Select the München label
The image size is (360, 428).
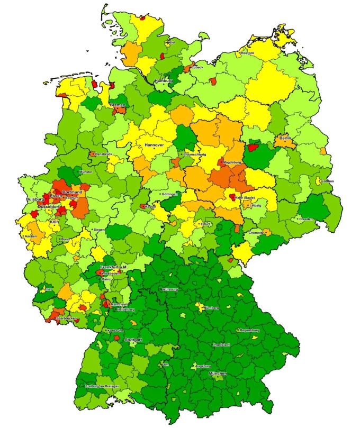pyautogui.click(x=218, y=374)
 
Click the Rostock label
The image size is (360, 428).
pyautogui.click(x=248, y=53)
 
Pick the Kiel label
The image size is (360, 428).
pyautogui.click(x=172, y=42)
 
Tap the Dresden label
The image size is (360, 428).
pyautogui.click(x=305, y=219)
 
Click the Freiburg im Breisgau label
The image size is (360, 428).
pyautogui.click(x=103, y=386)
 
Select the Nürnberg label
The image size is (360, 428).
pyautogui.click(x=211, y=308)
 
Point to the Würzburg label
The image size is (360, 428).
pyautogui.click(x=170, y=290)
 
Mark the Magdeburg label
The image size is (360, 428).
pyautogui.click(x=232, y=162)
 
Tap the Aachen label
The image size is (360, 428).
pyautogui.click(x=31, y=236)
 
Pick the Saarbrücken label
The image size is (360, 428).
pyautogui.click(x=67, y=318)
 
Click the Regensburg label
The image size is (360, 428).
pyautogui.click(x=249, y=330)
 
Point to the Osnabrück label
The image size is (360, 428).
pyautogui.click(x=104, y=154)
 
